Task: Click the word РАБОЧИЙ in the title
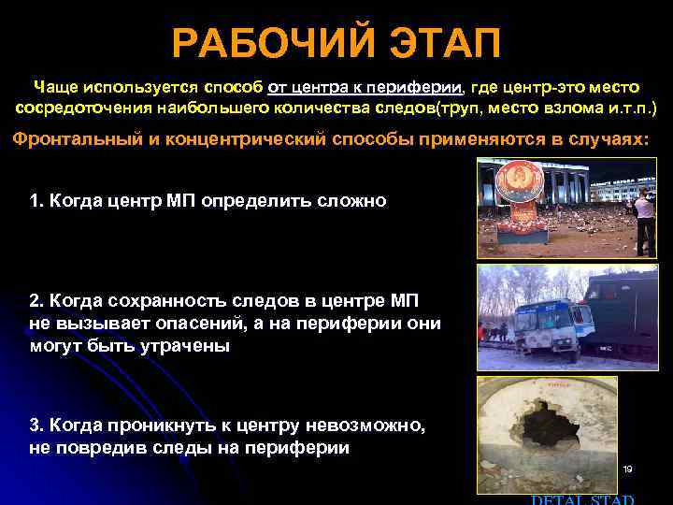(267, 43)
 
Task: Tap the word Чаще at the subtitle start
(55, 87)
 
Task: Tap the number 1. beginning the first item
(36, 201)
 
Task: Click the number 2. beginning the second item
(36, 300)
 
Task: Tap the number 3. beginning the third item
(36, 426)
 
